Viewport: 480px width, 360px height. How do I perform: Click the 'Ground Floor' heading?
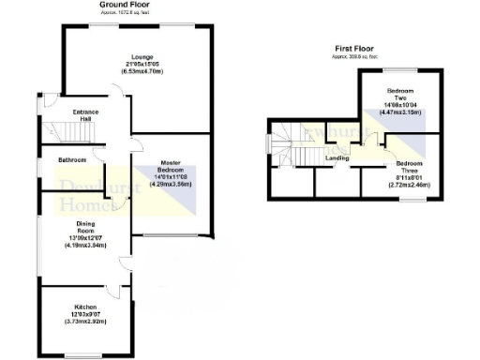(127, 6)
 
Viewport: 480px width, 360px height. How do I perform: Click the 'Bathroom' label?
(72, 160)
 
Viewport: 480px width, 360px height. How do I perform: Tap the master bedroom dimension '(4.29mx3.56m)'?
(170, 185)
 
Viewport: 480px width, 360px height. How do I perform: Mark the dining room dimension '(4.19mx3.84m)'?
(85, 246)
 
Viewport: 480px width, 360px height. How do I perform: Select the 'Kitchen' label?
(85, 307)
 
